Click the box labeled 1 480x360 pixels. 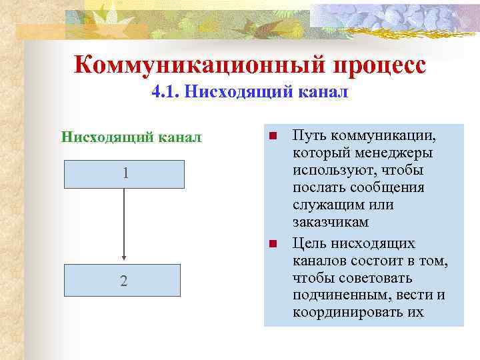coord(124,174)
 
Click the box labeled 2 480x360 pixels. coord(124,280)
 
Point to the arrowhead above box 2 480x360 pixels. coord(124,259)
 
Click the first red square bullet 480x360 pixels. coord(273,137)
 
